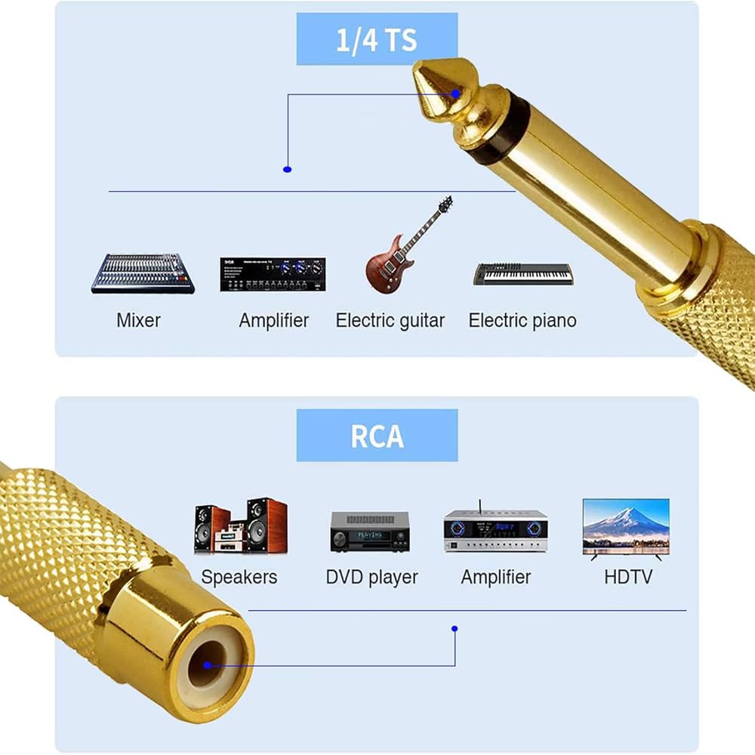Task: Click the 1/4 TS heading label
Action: point(377,39)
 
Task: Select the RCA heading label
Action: point(377,436)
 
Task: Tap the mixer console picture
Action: point(143,273)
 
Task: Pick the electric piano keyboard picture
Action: point(522,273)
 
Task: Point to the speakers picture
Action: point(240,525)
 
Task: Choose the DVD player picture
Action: point(369,531)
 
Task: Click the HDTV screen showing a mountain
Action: point(625,527)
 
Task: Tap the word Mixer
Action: point(138,320)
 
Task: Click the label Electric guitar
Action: point(390,320)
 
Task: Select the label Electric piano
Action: point(522,320)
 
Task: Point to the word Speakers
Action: point(239,578)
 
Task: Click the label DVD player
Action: point(371,578)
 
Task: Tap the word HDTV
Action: point(628,578)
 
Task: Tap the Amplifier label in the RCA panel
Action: point(496,578)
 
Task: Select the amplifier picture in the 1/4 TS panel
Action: point(273,274)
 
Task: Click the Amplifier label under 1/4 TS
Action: point(273,320)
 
